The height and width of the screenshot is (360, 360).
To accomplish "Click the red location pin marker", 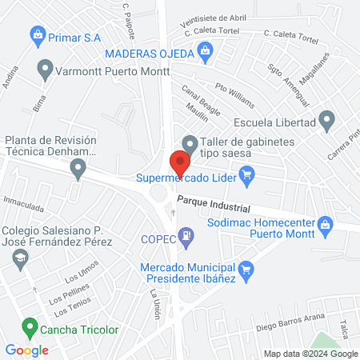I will pos(180,162).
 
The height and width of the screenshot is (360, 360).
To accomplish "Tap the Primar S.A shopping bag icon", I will pos(36,34).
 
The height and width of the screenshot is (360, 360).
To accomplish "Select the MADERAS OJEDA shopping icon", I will pos(206,53).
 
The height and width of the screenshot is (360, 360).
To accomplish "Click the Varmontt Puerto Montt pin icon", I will pos(46,70).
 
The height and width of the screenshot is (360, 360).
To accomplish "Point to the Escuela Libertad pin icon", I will pos(326,122).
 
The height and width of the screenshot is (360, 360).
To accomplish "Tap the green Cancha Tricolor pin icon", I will pos(30,327).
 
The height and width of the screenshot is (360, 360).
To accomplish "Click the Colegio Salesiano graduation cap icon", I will pos(20,258).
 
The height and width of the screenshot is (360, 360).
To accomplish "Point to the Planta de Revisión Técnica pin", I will pos(78,168).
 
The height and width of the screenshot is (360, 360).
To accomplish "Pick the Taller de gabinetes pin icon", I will pos(190,145).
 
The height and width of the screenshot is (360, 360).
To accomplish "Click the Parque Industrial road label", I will pos(214,206).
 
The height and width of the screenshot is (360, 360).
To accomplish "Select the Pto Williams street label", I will pos(235,98).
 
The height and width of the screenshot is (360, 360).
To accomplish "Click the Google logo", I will pos(27,350).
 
